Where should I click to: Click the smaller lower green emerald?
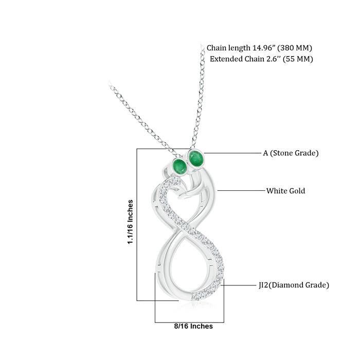[x=180, y=166]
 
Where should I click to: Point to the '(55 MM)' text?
[x=298, y=59]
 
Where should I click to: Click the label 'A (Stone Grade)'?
[x=291, y=153]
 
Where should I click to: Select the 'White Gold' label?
[x=285, y=191]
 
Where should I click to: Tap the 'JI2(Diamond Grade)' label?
[x=294, y=285]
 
